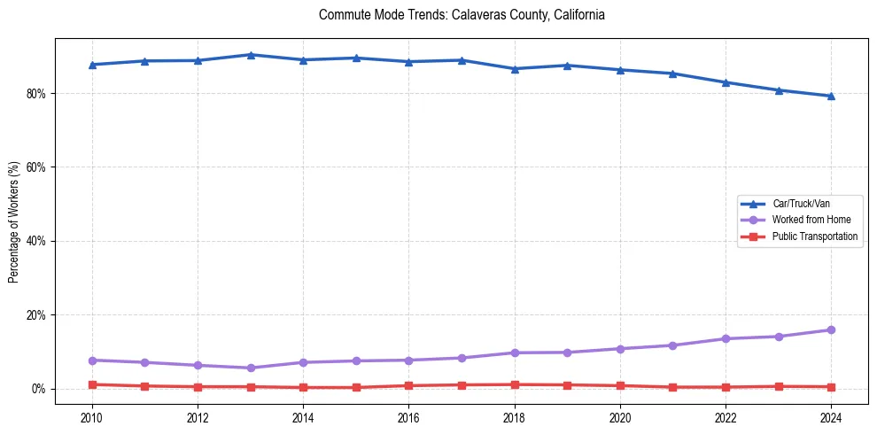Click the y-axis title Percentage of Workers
(13, 221)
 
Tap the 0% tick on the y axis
(40, 389)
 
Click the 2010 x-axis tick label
(92, 416)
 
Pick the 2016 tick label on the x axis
(408, 416)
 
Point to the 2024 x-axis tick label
(831, 416)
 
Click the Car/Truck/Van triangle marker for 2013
(251, 55)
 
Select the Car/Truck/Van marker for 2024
(831, 96)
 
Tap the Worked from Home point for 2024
(831, 330)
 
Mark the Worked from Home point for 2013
(251, 368)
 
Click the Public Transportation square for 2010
(92, 384)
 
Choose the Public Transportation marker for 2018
(515, 384)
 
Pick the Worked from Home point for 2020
(620, 349)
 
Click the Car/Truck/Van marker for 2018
(515, 68)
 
